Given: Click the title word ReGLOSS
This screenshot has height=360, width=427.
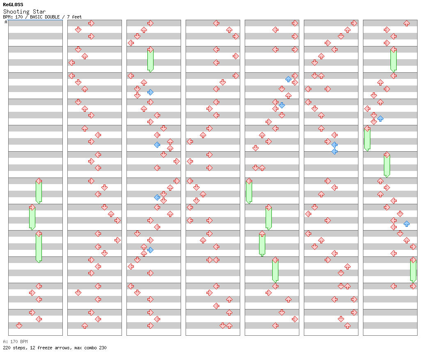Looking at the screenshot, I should click(x=13, y=5).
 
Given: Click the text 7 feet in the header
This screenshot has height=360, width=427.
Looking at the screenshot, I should click(x=74, y=17).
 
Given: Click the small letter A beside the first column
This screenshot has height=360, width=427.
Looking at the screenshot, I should click(x=6, y=22).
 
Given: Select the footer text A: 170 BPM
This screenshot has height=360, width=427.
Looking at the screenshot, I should click(x=15, y=342).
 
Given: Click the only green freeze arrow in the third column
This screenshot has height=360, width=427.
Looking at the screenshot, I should click(x=150, y=60).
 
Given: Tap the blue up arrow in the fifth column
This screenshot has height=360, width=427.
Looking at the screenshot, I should click(x=288, y=79).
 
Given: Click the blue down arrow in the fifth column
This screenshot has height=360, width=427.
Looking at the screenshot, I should click(x=282, y=105).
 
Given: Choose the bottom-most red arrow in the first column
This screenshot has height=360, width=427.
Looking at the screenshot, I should click(x=19, y=325).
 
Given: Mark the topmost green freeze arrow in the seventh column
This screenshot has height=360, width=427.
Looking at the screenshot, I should click(x=393, y=60).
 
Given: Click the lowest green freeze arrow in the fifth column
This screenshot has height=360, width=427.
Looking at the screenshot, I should click(x=275, y=270).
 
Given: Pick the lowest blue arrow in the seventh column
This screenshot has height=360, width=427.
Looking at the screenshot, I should click(x=406, y=224).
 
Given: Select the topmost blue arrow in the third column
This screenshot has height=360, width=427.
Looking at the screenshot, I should click(x=150, y=92).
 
